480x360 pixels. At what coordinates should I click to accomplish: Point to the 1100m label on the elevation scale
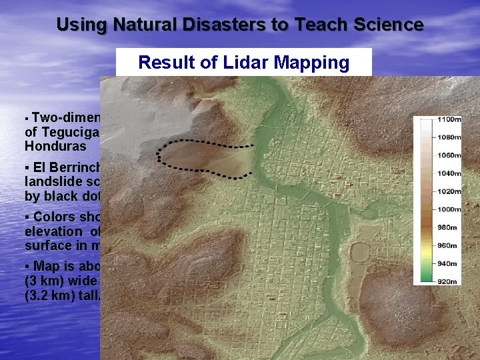tap(449, 119)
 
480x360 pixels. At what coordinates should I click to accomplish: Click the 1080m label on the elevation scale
tap(449, 137)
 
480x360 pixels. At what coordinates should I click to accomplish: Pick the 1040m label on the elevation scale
tap(449, 173)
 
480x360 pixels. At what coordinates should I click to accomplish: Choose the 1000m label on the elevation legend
tap(449, 209)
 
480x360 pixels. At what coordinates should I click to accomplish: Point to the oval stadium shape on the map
tap(360, 252)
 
